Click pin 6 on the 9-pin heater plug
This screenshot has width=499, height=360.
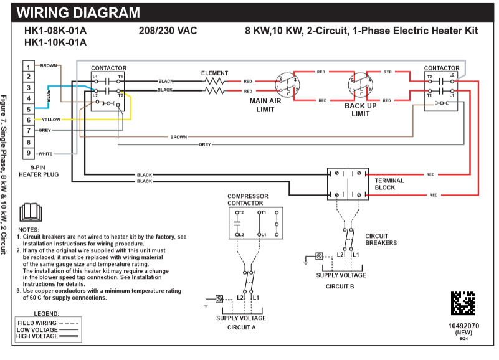[x=28, y=120]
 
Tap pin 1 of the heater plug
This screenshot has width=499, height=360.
[x=28, y=65]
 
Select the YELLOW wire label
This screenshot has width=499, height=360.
[x=51, y=120]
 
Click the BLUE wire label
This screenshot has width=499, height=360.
[x=48, y=97]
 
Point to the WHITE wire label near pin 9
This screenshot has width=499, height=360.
[x=45, y=153]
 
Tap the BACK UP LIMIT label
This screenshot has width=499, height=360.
[x=361, y=110]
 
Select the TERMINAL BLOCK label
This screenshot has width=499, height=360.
[x=389, y=184]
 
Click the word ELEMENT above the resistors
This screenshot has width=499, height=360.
[x=214, y=73]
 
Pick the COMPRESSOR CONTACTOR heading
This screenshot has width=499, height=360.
[x=248, y=199]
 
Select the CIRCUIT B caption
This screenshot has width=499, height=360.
[x=340, y=286]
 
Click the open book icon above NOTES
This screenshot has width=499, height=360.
[x=30, y=213]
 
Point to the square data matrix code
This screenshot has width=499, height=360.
[x=463, y=303]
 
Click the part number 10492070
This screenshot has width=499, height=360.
[x=463, y=325]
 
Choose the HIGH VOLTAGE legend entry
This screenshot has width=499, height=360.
[x=37, y=336]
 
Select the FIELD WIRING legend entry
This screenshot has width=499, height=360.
[x=37, y=323]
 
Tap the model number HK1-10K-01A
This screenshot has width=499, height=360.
[x=55, y=43]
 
